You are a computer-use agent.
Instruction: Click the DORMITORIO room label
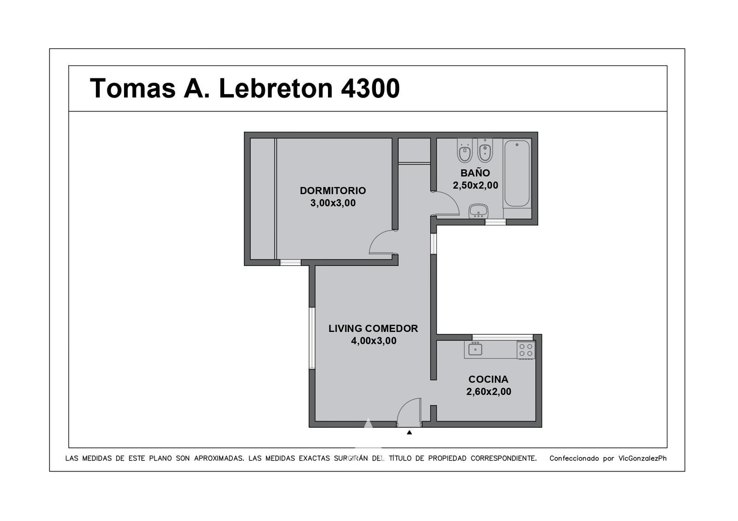[x=333, y=191]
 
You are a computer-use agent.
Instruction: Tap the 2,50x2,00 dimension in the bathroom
[x=476, y=186]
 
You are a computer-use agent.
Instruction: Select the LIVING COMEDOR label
[x=373, y=328]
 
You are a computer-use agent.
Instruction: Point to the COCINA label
[x=488, y=379]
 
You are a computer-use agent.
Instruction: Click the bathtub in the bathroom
[x=517, y=173]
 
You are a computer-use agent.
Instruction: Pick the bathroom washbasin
[x=478, y=211]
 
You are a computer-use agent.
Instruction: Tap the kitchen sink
[x=475, y=349]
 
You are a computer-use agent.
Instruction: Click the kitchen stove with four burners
[x=526, y=350]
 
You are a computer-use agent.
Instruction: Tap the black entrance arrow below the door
[x=409, y=432]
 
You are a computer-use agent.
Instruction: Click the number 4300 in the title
[x=370, y=88]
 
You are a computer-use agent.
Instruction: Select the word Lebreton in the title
[x=276, y=88]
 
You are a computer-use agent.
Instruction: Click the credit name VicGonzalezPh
[x=642, y=458]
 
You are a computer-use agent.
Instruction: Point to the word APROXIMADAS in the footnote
[x=219, y=458]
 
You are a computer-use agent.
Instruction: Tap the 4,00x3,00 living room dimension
[x=374, y=341]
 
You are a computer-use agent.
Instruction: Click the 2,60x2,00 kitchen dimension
[x=488, y=391]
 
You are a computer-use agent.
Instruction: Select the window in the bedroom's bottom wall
[x=290, y=262]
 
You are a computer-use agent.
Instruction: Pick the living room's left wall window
[x=312, y=338]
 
